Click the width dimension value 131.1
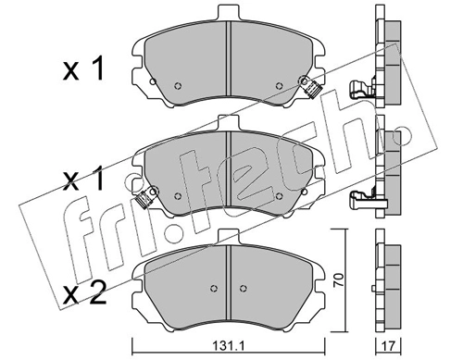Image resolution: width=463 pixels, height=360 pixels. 228,347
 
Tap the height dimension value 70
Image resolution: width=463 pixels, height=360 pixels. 339,280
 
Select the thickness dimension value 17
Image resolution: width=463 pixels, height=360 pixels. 388,347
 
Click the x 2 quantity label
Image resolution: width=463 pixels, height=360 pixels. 84,293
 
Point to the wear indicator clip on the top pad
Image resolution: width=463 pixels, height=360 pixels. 311,87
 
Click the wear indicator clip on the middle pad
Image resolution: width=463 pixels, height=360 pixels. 146,197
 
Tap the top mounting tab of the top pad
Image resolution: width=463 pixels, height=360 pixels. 229,13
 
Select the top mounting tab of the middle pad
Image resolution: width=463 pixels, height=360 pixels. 229,123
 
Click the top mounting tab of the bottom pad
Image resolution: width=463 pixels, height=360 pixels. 229,237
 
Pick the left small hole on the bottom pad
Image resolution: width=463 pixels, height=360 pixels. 213,288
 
